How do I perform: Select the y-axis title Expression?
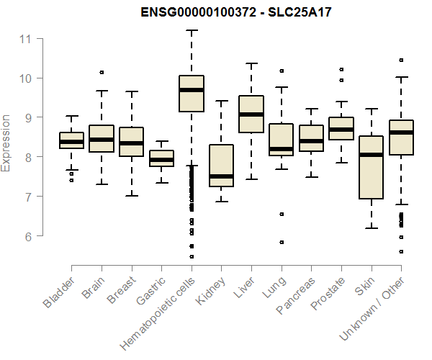[7, 142]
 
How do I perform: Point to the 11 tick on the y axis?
[29, 38]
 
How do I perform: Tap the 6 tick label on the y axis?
[29, 236]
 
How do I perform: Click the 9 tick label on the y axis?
[29, 117]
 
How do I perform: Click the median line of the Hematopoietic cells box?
[192, 90]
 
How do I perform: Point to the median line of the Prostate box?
[341, 130]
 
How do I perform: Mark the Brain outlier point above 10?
[102, 72]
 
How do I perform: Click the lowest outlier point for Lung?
[282, 242]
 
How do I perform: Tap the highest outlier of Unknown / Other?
[401, 60]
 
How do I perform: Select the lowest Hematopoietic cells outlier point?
[192, 256]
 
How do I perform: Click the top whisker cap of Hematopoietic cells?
[192, 31]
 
